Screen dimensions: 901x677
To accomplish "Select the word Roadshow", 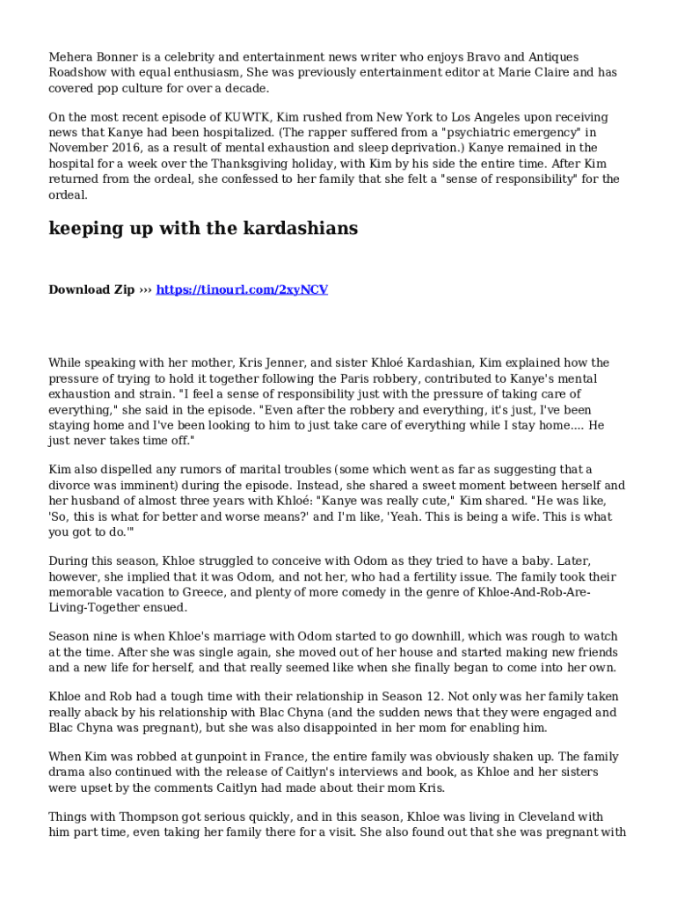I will [x=80, y=73].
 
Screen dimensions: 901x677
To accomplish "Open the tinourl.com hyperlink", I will [x=242, y=289].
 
